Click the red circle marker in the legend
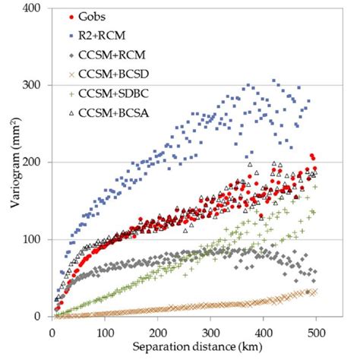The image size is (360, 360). (x=71, y=16)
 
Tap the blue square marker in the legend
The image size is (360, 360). (x=71, y=35)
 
